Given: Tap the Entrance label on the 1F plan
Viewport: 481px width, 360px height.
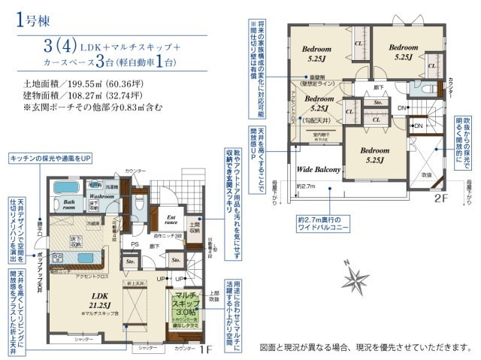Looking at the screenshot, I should coord(172,219).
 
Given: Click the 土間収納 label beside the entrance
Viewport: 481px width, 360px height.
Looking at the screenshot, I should coord(194,226).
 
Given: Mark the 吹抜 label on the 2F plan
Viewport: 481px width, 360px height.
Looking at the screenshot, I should coord(427,174).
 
